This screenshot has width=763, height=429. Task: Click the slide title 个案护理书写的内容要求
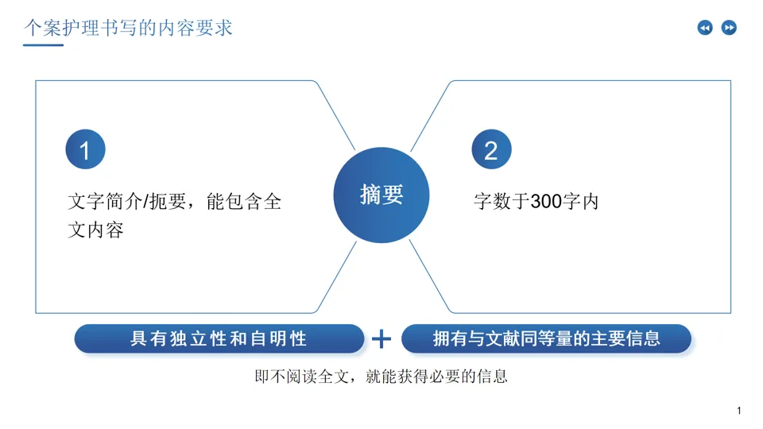pyautogui.click(x=128, y=29)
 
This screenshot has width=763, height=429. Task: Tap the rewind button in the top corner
pyautogui.click(x=705, y=29)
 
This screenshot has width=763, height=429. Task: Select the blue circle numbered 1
pyautogui.click(x=85, y=149)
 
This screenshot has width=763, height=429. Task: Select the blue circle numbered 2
pyautogui.click(x=491, y=149)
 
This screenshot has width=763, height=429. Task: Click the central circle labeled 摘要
pyautogui.click(x=381, y=195)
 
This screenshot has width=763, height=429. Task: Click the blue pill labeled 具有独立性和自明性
pyautogui.click(x=219, y=339)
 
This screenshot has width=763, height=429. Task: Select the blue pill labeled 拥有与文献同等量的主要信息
pyautogui.click(x=546, y=339)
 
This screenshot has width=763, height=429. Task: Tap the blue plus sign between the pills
pyautogui.click(x=382, y=339)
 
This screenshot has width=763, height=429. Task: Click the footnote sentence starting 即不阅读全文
pyautogui.click(x=381, y=377)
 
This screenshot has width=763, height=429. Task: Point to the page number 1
pyautogui.click(x=739, y=411)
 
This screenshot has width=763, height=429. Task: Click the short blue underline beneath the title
pyautogui.click(x=43, y=45)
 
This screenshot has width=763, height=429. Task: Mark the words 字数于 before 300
pyautogui.click(x=502, y=202)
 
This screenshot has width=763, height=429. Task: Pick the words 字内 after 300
pyautogui.click(x=580, y=202)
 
